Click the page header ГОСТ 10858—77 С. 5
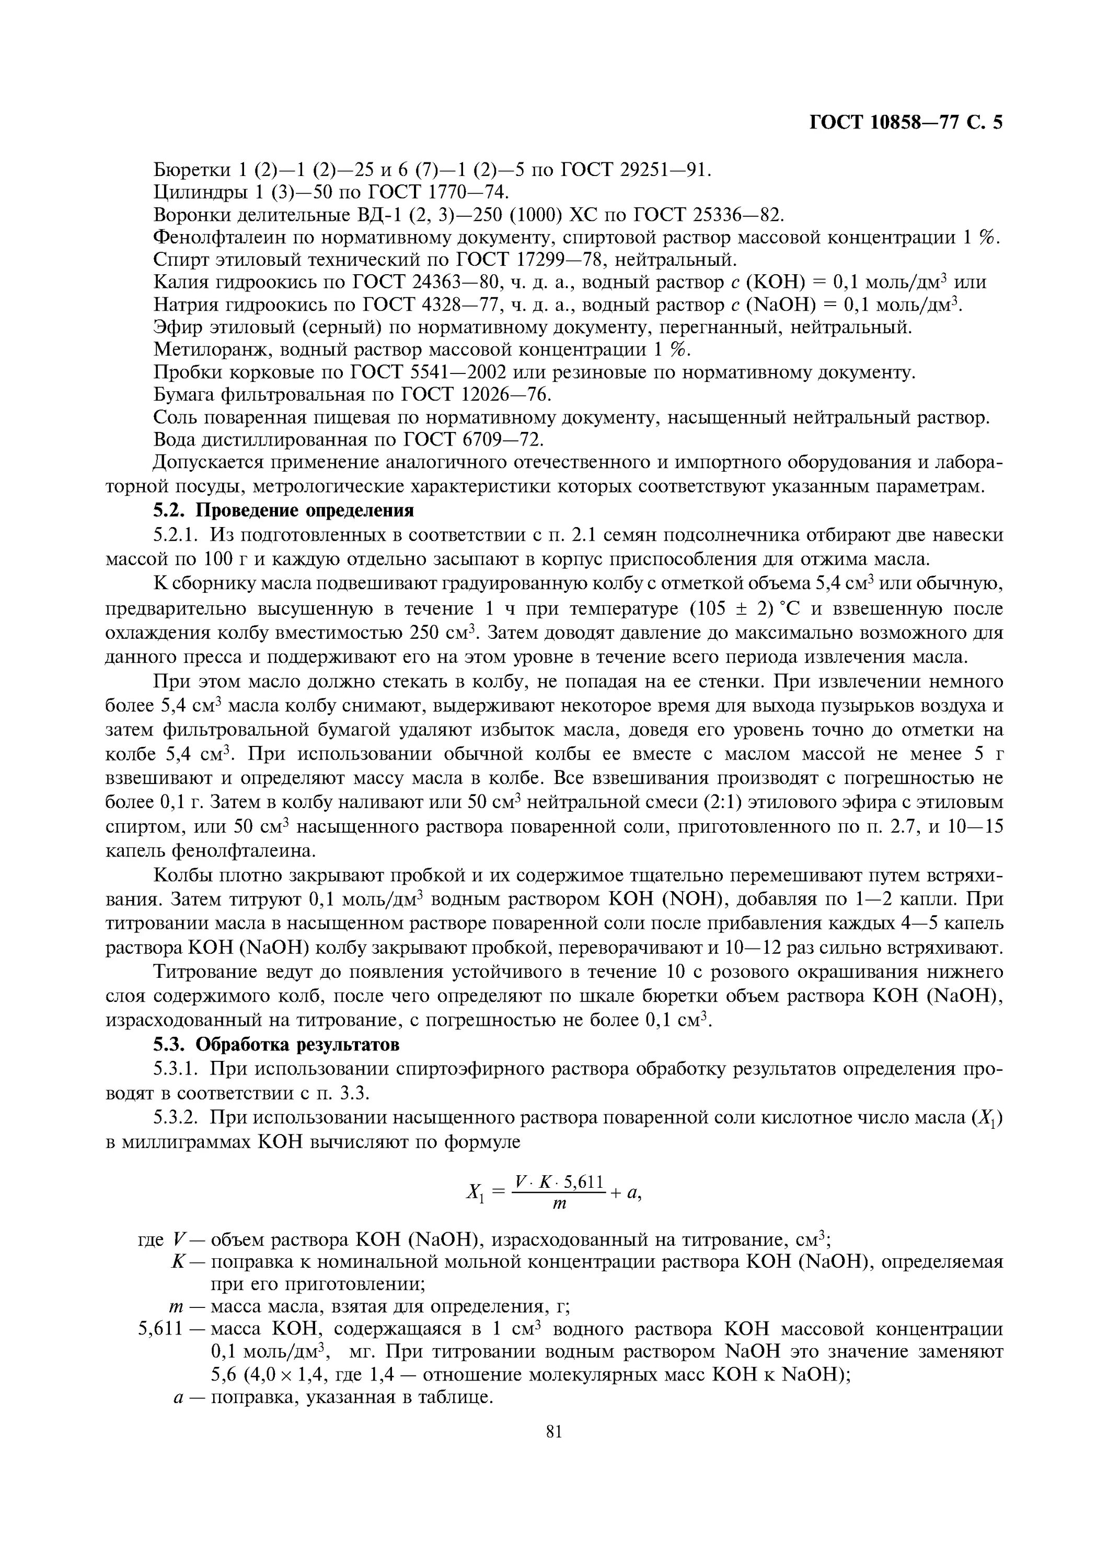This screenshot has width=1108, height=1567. (905, 122)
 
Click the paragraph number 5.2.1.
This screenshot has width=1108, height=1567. (178, 535)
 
